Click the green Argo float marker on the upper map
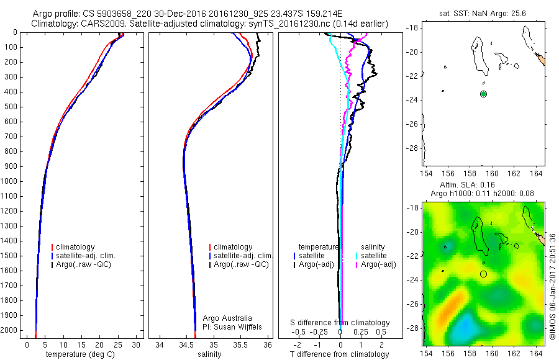pos(483,94)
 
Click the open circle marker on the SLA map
pos(483,273)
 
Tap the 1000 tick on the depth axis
pos(11,181)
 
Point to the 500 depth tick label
pos(11,107)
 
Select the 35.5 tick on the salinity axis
pos(241,344)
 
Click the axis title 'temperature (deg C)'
pos(79,354)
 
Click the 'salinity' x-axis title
pos(210,354)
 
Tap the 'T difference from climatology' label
pos(340,354)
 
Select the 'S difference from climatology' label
pos(340,323)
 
